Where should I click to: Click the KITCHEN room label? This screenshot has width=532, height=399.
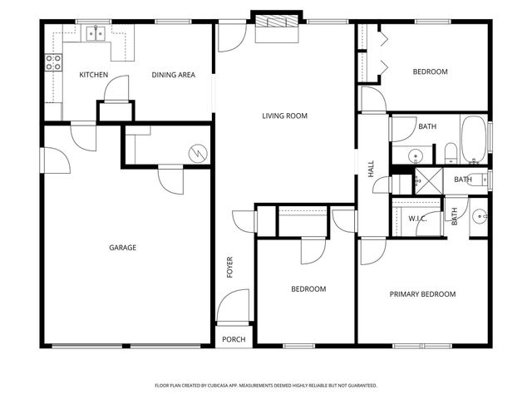(93, 75)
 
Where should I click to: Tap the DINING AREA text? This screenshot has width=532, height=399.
(173, 75)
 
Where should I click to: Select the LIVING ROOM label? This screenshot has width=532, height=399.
(285, 116)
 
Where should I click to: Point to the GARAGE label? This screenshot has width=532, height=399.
(122, 247)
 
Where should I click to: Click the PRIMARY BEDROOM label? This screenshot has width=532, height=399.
(423, 293)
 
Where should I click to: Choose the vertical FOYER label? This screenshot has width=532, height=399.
(230, 267)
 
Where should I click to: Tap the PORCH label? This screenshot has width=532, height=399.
(234, 339)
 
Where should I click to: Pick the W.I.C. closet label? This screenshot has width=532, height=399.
(416, 219)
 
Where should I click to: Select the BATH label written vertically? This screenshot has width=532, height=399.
(455, 216)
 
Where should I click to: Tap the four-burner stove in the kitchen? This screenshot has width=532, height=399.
(53, 61)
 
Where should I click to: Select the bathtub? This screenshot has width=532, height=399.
(475, 140)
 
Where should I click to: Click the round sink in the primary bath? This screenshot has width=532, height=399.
(479, 217)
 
